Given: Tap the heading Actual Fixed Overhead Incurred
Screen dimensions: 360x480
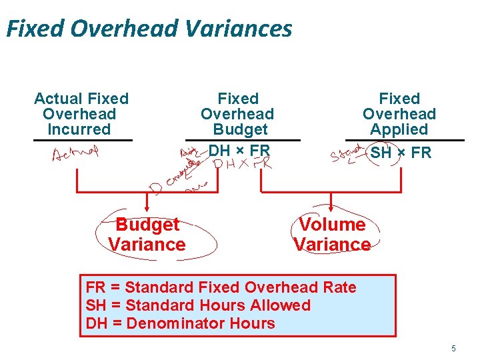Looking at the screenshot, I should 81,114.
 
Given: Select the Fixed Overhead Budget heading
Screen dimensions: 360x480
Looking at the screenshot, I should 237,114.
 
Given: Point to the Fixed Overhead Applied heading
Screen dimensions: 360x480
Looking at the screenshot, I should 399,114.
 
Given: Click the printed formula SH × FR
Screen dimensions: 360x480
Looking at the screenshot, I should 401,152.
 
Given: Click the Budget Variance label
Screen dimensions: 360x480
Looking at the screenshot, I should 147,235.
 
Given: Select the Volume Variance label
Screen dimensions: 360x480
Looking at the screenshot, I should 332,235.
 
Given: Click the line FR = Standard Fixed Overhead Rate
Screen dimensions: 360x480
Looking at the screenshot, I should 221,287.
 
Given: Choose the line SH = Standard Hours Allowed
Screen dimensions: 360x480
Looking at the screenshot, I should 198,305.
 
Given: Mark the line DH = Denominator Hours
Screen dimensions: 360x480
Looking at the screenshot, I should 180,323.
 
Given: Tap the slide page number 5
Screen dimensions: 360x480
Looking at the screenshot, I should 453,348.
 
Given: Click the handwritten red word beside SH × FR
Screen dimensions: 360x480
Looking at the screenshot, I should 348,155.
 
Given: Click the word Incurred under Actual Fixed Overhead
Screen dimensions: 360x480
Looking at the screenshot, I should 79,129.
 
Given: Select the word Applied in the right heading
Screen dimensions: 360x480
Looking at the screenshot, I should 399,129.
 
